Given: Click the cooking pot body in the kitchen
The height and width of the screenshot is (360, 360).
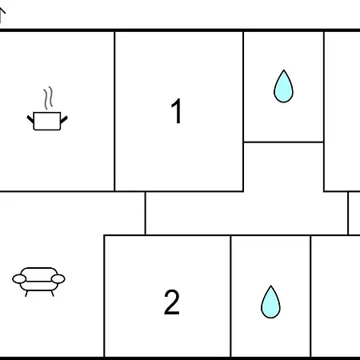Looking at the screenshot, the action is [x=47, y=121].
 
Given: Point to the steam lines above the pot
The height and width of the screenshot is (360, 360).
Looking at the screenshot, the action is [x=48, y=98].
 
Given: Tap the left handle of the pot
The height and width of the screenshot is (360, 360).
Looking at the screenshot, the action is [x=30, y=119].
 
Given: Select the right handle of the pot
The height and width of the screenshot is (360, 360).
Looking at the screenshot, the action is [x=64, y=120].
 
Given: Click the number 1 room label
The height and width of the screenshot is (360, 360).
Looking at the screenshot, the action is [x=176, y=110].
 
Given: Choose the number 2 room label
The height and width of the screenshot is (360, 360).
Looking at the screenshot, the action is [x=171, y=302].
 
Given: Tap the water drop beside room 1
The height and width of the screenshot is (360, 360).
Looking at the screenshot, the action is [x=283, y=86].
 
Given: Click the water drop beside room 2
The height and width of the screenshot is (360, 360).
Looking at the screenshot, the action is [x=270, y=302].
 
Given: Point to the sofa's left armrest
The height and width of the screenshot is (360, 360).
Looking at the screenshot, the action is [x=19, y=279].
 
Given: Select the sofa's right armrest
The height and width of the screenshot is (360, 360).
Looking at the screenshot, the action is [x=58, y=279].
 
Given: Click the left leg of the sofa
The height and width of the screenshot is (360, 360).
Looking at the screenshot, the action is [x=26, y=294].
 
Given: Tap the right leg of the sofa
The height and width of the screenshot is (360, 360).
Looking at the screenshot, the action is [x=52, y=294].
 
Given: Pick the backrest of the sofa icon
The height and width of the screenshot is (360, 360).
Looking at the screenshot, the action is [x=39, y=271].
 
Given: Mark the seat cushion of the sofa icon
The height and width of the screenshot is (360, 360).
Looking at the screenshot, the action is [x=39, y=286].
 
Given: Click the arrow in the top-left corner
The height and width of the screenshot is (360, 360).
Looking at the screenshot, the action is [x=2, y=14].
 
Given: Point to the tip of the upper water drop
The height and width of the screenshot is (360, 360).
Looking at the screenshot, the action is [x=284, y=70].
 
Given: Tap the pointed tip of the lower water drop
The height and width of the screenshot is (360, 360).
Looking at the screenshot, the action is [x=271, y=286].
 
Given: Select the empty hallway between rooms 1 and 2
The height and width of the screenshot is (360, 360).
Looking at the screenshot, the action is [x=246, y=214].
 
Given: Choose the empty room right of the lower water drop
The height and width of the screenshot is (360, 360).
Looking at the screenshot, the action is [x=335, y=296].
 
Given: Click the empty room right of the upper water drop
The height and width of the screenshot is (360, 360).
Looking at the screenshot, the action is [x=342, y=111].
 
